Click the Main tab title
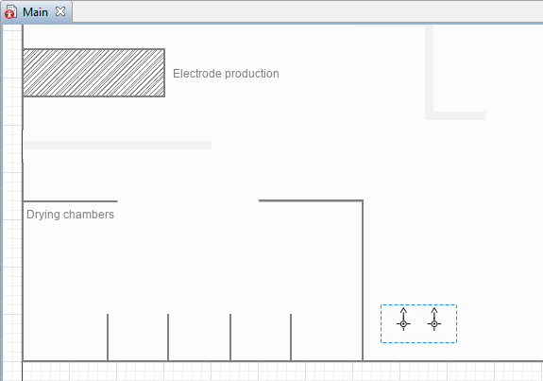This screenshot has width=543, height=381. [x=35, y=12]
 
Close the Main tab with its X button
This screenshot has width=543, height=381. [x=60, y=11]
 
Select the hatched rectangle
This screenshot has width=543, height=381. [x=93, y=73]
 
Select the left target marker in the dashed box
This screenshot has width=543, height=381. [x=403, y=323]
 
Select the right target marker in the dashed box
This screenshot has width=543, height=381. [x=434, y=323]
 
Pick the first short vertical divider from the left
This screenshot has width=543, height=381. [x=108, y=338]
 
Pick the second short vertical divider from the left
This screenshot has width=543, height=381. [x=168, y=338]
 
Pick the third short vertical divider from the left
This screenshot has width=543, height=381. [x=230, y=338]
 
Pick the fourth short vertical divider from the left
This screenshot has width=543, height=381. [x=291, y=338]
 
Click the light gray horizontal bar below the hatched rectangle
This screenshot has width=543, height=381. [x=117, y=145]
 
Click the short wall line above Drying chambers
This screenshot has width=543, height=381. [x=70, y=201]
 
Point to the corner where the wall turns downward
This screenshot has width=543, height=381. [x=363, y=200]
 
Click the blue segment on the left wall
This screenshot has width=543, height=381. [x=23, y=146]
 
